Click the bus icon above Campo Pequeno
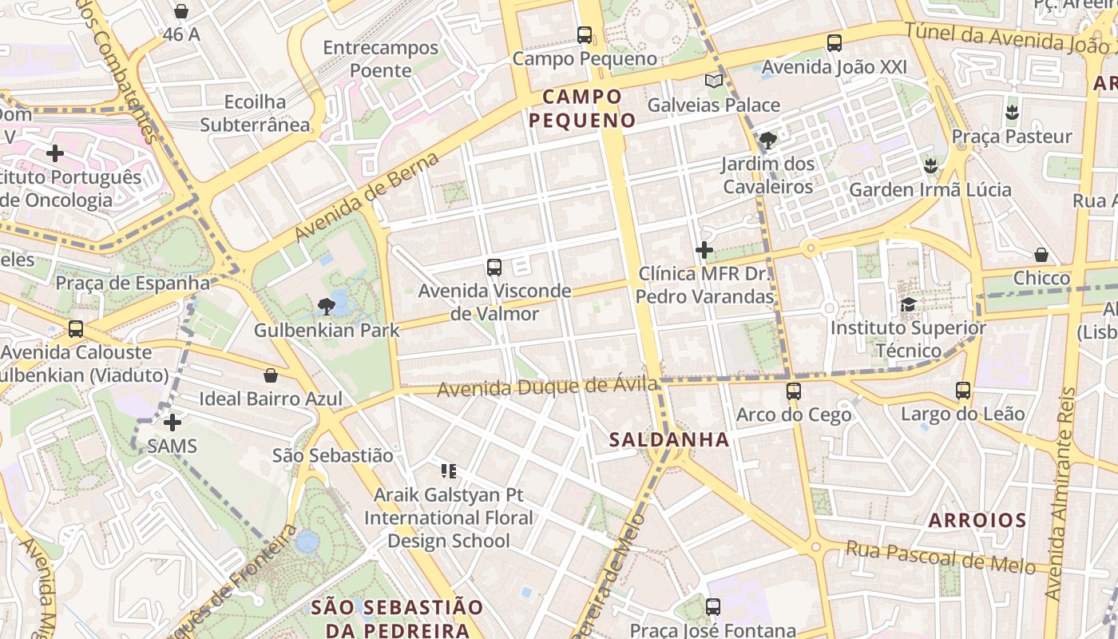pyautogui.click(x=585, y=35)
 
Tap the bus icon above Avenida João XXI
pyautogui.click(x=835, y=43)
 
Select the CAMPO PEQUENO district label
pyautogui.click(x=582, y=109)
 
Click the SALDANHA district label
pyautogui.click(x=669, y=439)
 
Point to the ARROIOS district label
pyautogui.click(x=977, y=521)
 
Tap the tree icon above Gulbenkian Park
pyautogui.click(x=326, y=305)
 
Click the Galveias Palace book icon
pyautogui.click(x=713, y=81)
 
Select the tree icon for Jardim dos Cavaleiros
pyautogui.click(x=768, y=141)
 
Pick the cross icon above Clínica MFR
pyautogui.click(x=704, y=250)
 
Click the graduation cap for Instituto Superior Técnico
pyautogui.click(x=908, y=304)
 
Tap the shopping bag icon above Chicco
pyautogui.click(x=1041, y=255)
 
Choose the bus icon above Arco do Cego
pyautogui.click(x=793, y=391)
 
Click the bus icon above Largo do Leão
pyautogui.click(x=963, y=391)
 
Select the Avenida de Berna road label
pyautogui.click(x=367, y=196)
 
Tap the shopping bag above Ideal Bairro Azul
pyautogui.click(x=271, y=375)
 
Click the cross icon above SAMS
pyautogui.click(x=172, y=422)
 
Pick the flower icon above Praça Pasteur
pyautogui.click(x=1012, y=113)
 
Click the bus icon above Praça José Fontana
pyautogui.click(x=713, y=607)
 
